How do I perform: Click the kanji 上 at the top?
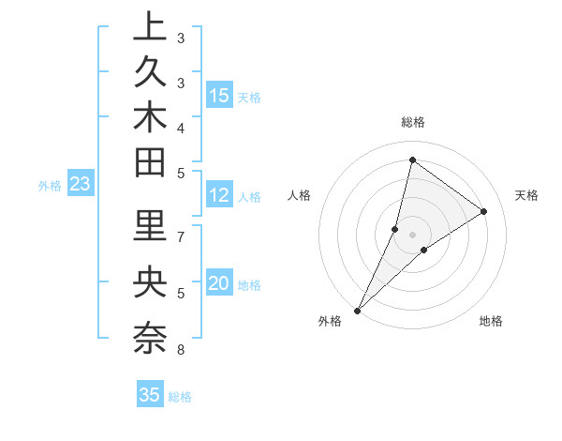point(150,26)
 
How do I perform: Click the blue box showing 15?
point(219,95)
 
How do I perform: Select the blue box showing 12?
point(219,195)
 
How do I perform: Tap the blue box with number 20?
point(219,283)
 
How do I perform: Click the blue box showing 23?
point(81,185)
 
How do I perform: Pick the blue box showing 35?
point(150,395)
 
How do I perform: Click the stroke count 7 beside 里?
point(181,236)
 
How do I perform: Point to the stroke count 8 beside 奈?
point(180,350)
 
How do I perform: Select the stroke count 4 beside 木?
point(181,128)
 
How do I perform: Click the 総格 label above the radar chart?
point(413,122)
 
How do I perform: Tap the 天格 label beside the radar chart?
point(527,195)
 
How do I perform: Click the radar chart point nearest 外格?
point(358,310)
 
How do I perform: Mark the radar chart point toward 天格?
point(484,211)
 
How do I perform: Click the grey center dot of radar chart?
point(413,234)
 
